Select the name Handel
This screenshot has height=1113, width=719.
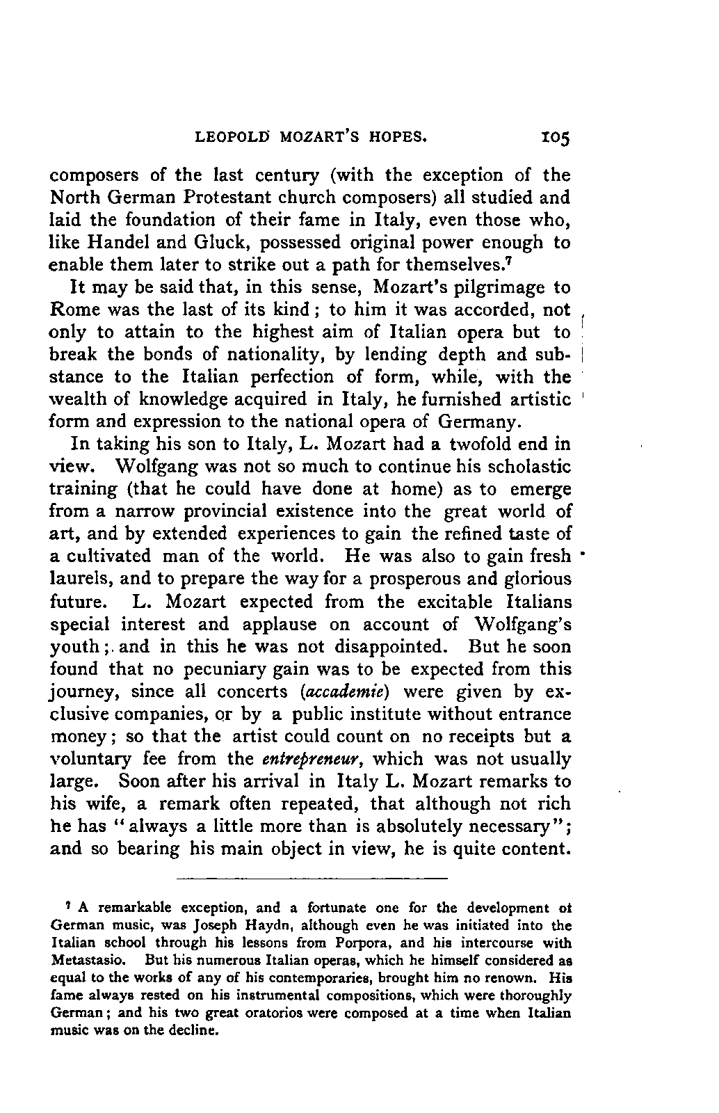[115, 242]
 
